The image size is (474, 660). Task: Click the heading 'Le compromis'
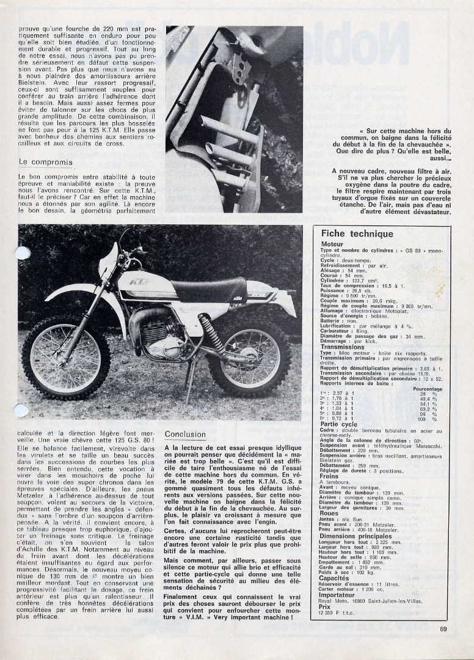pyautogui.click(x=46, y=163)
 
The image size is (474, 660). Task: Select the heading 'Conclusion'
pyautogui.click(x=186, y=435)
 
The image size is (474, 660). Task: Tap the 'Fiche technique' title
pyautogui.click(x=357, y=233)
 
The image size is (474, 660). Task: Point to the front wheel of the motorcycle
pyautogui.click(x=66, y=357)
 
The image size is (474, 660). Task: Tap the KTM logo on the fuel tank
pyautogui.click(x=141, y=282)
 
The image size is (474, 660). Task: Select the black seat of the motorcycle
pyautogui.click(x=208, y=289)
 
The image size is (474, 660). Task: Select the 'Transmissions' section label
pyautogui.click(x=342, y=347)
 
